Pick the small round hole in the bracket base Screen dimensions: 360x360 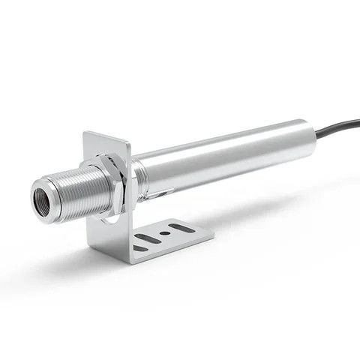tap(163, 232)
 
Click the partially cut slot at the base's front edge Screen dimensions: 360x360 tap(139, 247)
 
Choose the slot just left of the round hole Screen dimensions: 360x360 tap(148, 238)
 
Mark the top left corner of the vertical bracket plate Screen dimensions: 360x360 tap(85, 134)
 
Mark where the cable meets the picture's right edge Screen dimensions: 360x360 tap(358, 120)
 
